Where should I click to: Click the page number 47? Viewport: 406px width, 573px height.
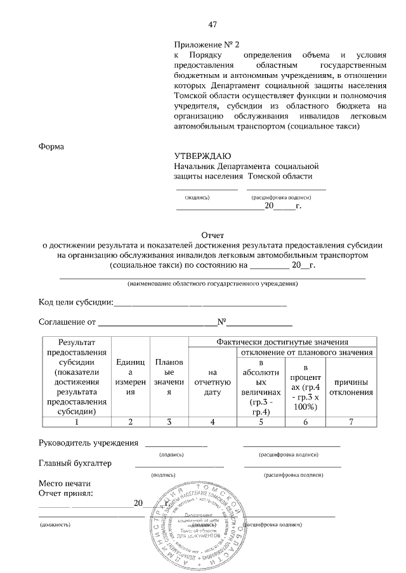[213, 25]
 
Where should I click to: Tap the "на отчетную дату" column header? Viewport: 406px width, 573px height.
[213, 387]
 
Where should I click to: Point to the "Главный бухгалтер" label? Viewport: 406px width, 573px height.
[75, 463]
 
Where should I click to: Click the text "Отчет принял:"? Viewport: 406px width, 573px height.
[66, 493]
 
